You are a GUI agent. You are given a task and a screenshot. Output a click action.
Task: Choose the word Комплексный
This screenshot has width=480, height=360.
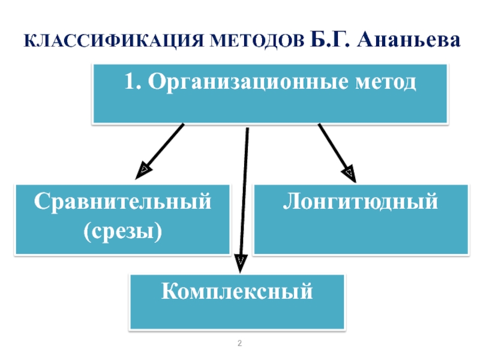tap(237, 292)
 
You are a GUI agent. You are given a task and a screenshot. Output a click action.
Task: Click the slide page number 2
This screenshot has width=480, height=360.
tap(239, 344)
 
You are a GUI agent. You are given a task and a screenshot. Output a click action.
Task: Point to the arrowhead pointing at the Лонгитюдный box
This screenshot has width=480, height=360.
tap(350, 174)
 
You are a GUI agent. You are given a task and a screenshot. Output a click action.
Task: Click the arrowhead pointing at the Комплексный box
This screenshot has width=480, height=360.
tap(240, 262)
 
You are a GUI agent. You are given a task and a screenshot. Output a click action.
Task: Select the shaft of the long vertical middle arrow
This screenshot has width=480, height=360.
tap(244, 192)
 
